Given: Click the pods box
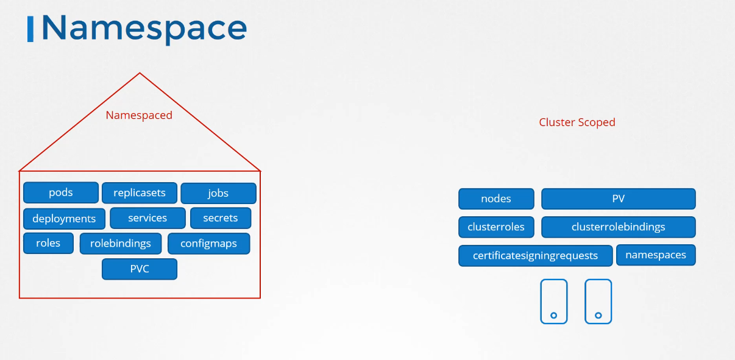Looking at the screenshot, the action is click(61, 192).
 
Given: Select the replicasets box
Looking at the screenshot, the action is click(140, 192).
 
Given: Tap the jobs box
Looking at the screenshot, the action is click(219, 193).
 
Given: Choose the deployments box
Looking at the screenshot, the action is click(65, 218).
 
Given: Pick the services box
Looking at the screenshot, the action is click(147, 218).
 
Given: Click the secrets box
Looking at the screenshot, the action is click(221, 218).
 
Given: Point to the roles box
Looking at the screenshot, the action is click(48, 243).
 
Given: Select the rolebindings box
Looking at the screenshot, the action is click(121, 244).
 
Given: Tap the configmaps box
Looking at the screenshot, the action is click(208, 244).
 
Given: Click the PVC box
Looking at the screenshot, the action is click(140, 269).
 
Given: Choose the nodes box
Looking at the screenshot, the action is click(496, 199).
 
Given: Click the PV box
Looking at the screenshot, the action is click(619, 199).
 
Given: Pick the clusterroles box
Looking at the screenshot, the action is click(496, 227).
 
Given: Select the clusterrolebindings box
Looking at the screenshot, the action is click(619, 227).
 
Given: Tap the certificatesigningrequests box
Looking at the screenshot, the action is click(536, 255).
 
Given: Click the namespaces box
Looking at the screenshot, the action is click(656, 255).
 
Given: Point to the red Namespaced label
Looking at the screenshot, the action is click(139, 115).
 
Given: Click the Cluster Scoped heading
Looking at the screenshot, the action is click(577, 122).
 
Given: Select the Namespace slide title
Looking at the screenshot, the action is click(144, 29).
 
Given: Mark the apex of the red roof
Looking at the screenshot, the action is click(140, 72).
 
